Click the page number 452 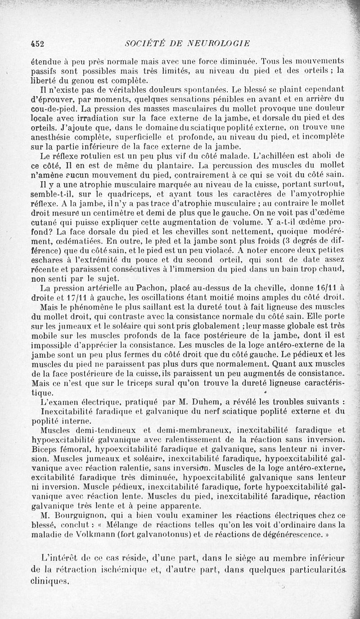pyautogui.click(x=36, y=44)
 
